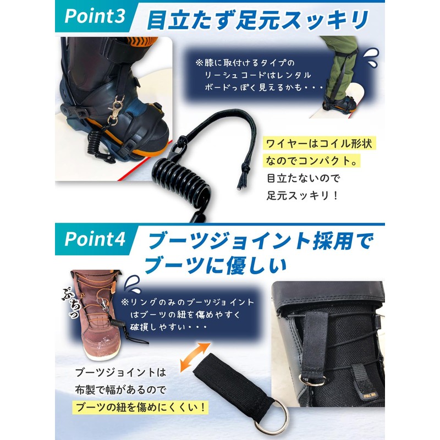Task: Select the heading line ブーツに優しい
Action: [x=215, y=267]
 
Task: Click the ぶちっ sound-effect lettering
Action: [x=69, y=300]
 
